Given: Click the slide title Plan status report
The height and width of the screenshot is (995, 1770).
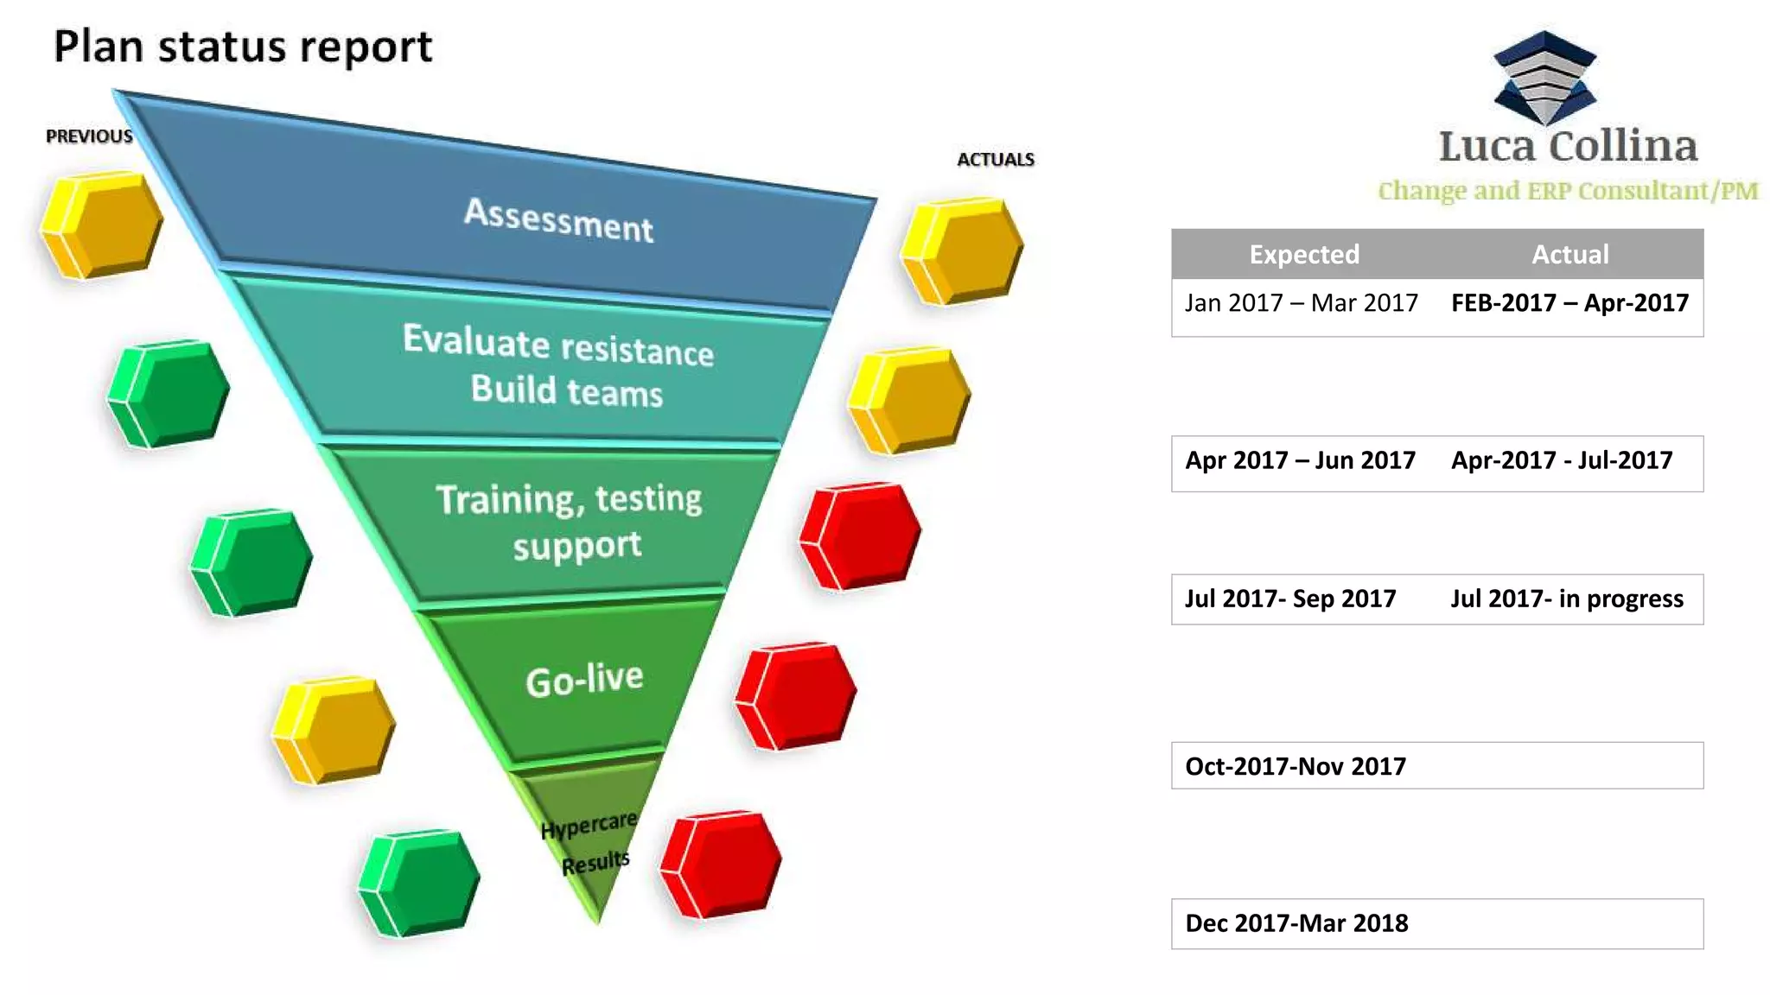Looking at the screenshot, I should click(x=243, y=47).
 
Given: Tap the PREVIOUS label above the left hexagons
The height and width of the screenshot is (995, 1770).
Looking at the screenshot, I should click(x=89, y=136).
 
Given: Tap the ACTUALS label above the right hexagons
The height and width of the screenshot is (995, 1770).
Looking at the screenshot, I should click(x=996, y=160).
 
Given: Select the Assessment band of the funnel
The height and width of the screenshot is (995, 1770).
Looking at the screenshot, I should click(x=558, y=220).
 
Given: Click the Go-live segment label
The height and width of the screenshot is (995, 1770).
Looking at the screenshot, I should click(x=584, y=680).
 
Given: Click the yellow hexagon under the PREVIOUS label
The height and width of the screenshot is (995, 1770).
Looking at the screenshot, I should click(x=101, y=225).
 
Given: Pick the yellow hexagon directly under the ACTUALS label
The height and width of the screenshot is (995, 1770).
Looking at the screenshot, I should click(x=961, y=251).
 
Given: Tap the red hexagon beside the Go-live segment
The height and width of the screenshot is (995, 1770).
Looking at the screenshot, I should click(x=795, y=696).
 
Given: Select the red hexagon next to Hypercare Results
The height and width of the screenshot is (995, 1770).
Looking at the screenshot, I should click(x=720, y=864).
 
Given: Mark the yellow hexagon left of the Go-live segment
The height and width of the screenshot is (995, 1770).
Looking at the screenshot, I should click(x=334, y=731).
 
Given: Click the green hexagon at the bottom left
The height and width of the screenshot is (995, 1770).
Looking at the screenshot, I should click(x=419, y=883).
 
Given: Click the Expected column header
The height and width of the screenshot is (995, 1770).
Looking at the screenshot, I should click(x=1304, y=254).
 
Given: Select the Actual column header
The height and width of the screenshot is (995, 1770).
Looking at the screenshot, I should click(x=1570, y=254).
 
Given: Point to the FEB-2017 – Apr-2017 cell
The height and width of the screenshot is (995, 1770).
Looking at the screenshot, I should click(x=1569, y=303).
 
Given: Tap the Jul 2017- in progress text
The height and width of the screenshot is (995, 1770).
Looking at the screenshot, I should click(x=1567, y=599).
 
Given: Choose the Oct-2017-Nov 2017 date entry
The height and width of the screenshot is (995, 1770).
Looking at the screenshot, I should click(x=1296, y=766).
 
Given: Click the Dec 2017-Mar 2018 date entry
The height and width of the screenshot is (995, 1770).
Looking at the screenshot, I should click(x=1296, y=923).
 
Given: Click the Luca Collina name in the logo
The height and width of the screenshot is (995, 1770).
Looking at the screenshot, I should click(x=1568, y=146).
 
